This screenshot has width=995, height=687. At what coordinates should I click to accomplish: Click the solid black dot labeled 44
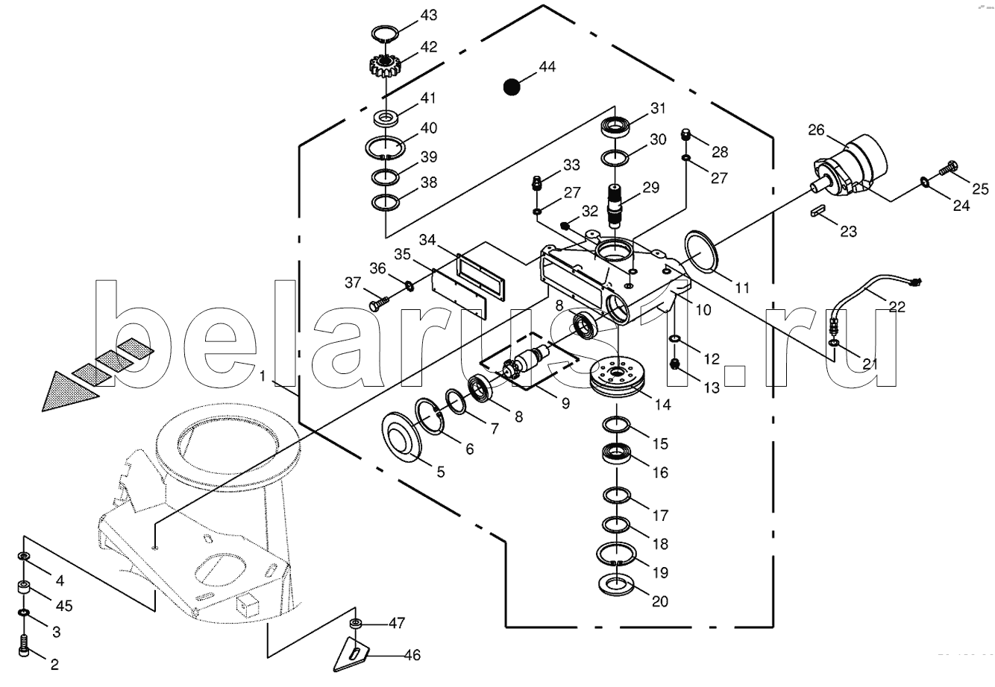click(x=511, y=87)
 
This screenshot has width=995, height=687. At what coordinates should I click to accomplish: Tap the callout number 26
click(x=816, y=130)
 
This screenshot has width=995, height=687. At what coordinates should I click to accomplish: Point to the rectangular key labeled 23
click(x=817, y=210)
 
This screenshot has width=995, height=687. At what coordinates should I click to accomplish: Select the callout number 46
click(x=412, y=655)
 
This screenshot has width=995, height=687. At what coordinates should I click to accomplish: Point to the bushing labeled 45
click(x=25, y=588)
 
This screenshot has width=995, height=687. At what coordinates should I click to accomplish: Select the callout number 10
click(x=703, y=310)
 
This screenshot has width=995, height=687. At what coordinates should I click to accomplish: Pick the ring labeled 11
click(x=701, y=251)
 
